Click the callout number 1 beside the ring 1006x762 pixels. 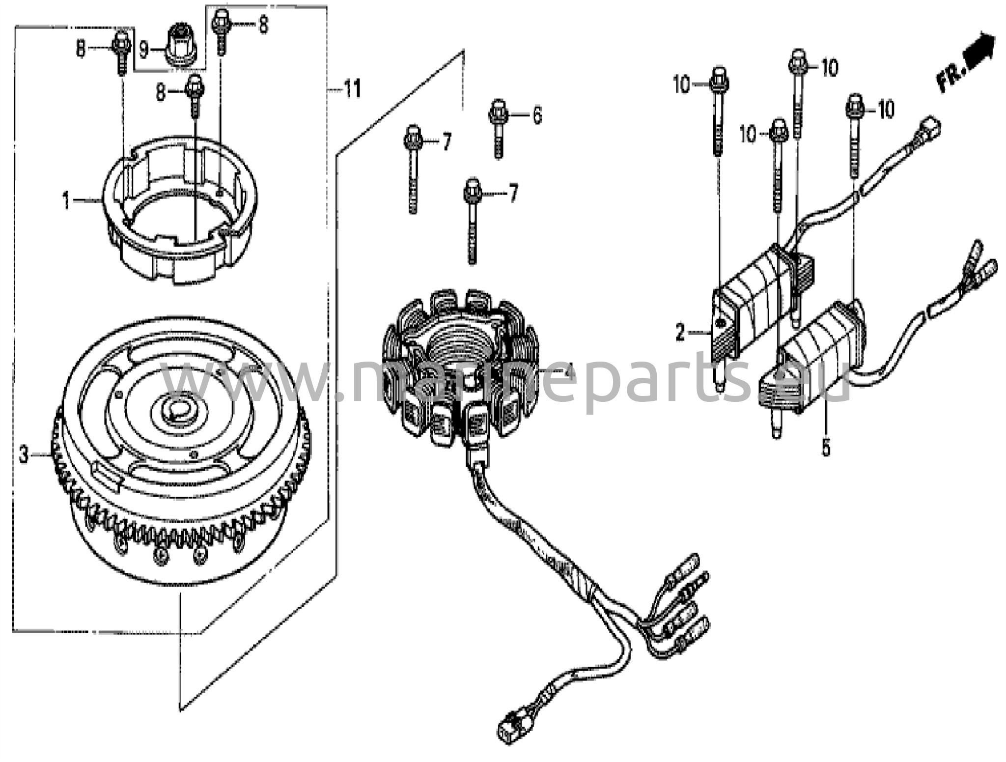(66, 200)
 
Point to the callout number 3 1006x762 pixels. (24, 455)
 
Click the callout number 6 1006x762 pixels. (537, 115)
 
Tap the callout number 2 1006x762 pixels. (680, 333)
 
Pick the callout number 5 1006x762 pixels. (826, 448)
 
